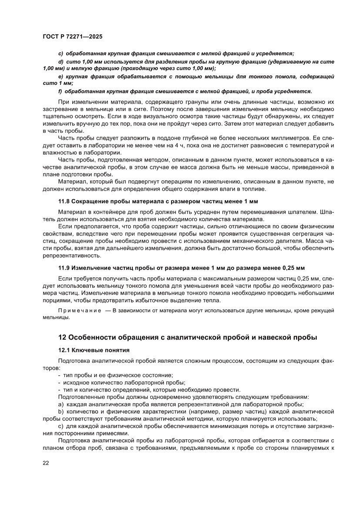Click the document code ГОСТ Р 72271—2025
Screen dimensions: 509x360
[72, 37]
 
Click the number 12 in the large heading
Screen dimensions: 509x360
[63, 337]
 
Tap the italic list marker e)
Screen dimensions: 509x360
[61, 76]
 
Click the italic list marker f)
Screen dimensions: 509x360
[61, 91]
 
